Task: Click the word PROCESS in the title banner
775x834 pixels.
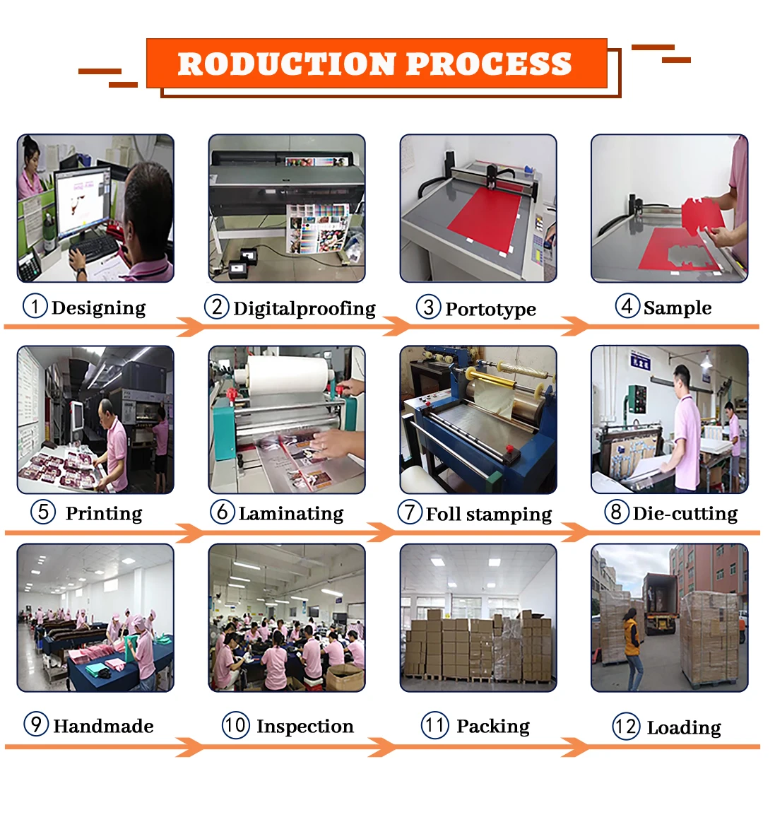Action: (x=489, y=64)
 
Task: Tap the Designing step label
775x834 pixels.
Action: (x=98, y=308)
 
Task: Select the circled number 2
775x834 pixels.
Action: (x=217, y=307)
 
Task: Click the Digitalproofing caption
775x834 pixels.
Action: (x=304, y=309)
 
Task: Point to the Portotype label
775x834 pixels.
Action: (x=490, y=310)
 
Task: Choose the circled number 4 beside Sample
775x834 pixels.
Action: (x=627, y=306)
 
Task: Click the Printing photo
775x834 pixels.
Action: (x=95, y=419)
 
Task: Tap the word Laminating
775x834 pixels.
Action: (x=291, y=514)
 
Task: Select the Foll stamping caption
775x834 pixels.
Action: (x=489, y=515)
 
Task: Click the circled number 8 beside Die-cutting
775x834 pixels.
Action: (x=616, y=512)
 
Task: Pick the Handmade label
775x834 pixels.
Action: (x=103, y=727)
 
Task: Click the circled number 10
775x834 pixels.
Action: (x=235, y=725)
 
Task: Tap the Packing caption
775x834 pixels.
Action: (x=493, y=727)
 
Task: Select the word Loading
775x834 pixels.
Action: (x=684, y=728)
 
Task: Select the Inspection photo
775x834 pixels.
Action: (x=287, y=618)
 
